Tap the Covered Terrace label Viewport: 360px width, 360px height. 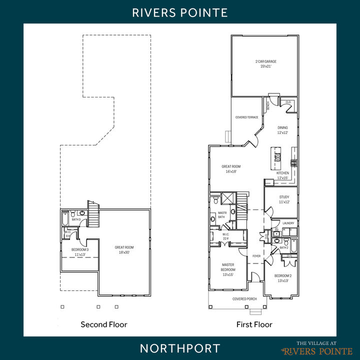pyautogui.click(x=247, y=117)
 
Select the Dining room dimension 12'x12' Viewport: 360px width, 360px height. pyautogui.click(x=283, y=133)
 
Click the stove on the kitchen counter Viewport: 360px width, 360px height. pyautogui.click(x=294, y=162)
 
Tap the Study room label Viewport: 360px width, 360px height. pyautogui.click(x=284, y=197)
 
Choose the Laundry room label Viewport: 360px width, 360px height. pyautogui.click(x=288, y=223)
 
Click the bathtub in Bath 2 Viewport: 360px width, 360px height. pyautogui.click(x=293, y=246)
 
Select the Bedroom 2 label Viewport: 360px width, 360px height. pyautogui.click(x=283, y=276)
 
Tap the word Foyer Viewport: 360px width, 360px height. pyautogui.click(x=256, y=256)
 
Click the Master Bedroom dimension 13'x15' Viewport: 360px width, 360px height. pyautogui.click(x=228, y=274)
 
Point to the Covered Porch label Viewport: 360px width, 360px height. pyautogui.click(x=244, y=299)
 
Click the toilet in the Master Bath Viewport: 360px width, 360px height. pyautogui.click(x=215, y=200)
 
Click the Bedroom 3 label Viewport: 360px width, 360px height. pyautogui.click(x=80, y=249)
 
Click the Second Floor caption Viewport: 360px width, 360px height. pyautogui.click(x=104, y=324)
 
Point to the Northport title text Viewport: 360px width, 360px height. pyautogui.click(x=180, y=348)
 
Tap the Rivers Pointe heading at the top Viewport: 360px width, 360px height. pyautogui.click(x=180, y=12)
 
